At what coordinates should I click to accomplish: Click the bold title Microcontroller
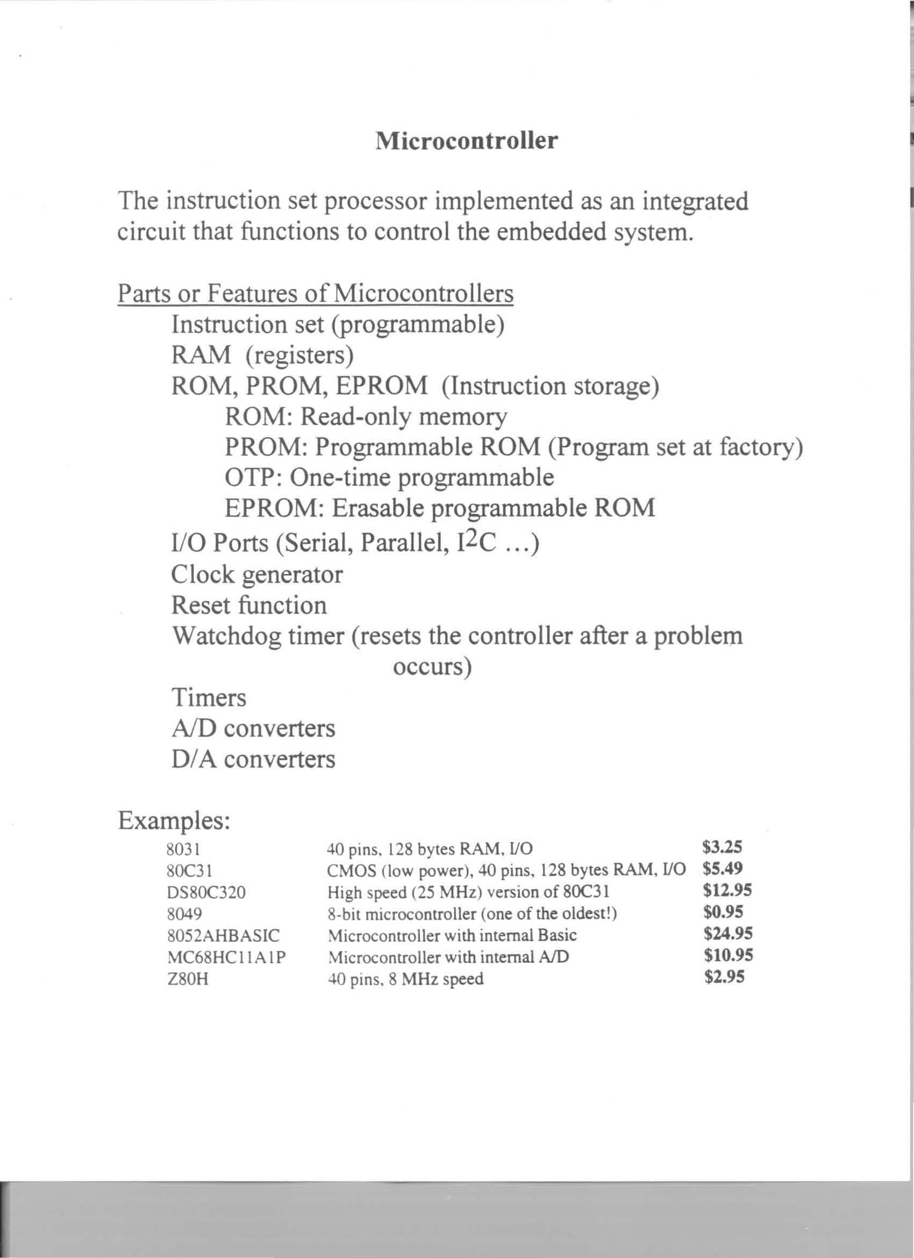[467, 141]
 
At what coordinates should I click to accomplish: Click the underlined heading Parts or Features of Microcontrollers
[315, 294]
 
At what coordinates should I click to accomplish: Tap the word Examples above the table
[174, 820]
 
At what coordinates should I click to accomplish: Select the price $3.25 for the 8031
[722, 847]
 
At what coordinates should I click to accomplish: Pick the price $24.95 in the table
[727, 934]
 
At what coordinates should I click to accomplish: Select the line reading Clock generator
[257, 574]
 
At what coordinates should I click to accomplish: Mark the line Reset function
[249, 605]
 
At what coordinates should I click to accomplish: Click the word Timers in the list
[209, 697]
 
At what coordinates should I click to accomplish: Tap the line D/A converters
[253, 759]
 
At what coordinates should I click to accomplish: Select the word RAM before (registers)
[201, 355]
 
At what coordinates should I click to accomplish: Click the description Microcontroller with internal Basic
[452, 935]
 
